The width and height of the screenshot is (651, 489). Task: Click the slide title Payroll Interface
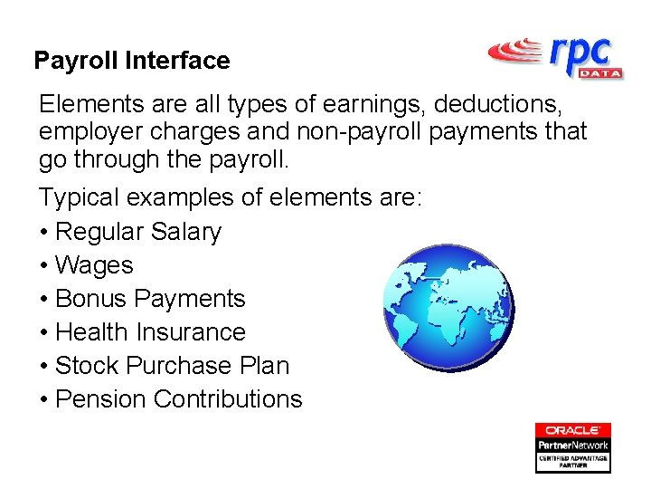click(132, 61)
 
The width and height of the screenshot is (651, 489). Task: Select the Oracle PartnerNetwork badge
click(572, 447)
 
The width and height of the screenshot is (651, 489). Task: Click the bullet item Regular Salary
click(138, 232)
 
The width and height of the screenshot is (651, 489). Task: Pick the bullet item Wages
click(94, 265)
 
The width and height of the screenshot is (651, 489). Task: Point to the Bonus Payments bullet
click(150, 299)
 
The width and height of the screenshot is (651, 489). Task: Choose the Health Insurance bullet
click(150, 332)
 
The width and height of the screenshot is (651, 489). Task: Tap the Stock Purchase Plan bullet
click(172, 366)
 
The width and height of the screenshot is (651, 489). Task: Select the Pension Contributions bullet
click(179, 399)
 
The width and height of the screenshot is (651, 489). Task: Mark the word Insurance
click(191, 332)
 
